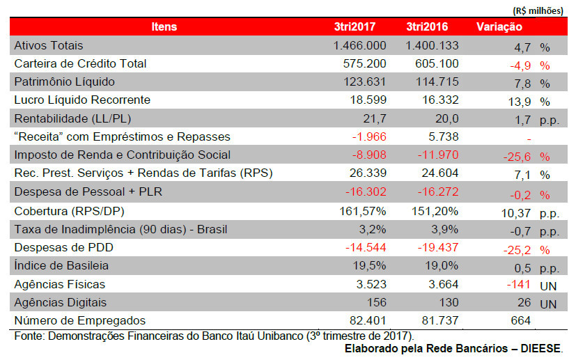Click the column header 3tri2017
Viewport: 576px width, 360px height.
(x=355, y=27)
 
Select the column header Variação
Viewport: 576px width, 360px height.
(x=499, y=27)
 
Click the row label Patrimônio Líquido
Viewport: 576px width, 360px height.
(x=64, y=81)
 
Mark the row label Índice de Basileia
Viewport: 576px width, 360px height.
(x=62, y=265)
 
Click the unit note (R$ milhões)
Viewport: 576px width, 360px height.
(x=538, y=10)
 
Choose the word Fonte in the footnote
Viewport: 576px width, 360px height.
(x=27, y=336)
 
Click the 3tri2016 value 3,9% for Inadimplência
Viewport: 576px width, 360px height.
(x=445, y=229)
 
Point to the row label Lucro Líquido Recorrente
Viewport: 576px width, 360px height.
(x=82, y=100)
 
